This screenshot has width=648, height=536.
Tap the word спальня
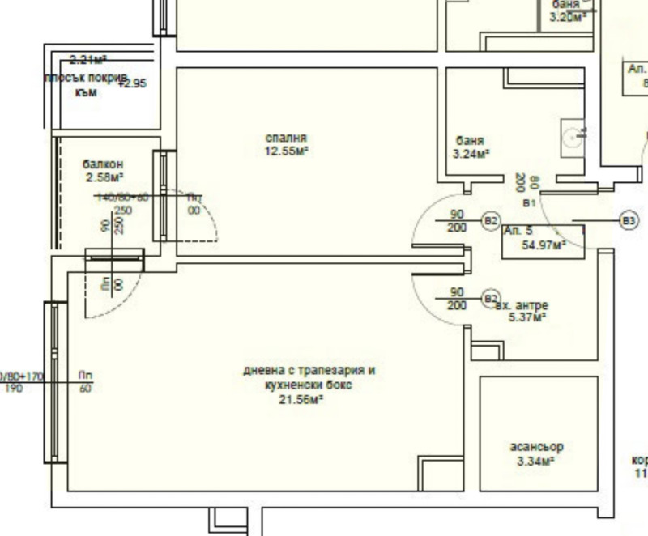tap(286, 138)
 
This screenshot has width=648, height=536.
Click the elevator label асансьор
tap(536, 447)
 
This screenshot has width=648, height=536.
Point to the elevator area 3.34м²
tap(535, 462)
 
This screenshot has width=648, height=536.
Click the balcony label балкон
tap(103, 164)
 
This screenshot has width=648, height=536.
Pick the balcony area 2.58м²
tap(104, 177)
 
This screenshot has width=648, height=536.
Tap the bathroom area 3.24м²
tap(471, 153)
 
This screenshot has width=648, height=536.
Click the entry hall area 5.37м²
tap(526, 317)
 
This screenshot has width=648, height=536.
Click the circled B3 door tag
tap(629, 219)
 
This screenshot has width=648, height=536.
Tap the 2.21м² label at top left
tap(87, 60)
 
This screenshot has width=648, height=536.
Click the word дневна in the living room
tap(262, 372)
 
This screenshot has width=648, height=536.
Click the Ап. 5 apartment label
tap(518, 231)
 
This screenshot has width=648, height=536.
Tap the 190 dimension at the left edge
tap(14, 389)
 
